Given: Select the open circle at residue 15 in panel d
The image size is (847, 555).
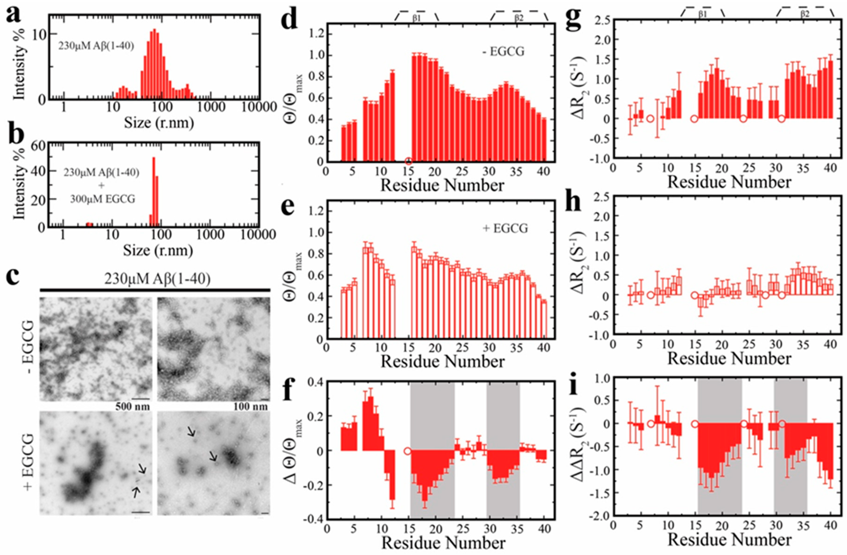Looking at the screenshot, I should point(408,161).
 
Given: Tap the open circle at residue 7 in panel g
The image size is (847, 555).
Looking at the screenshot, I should point(650,118).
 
